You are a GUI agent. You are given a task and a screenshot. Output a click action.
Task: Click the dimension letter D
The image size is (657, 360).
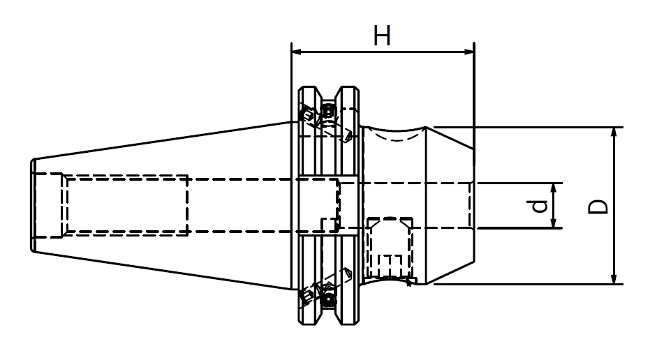[x=598, y=207]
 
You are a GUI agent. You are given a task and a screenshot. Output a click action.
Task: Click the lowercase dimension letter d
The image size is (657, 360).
[x=538, y=206]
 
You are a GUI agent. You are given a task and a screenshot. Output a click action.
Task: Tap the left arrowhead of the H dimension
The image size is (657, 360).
[x=297, y=52]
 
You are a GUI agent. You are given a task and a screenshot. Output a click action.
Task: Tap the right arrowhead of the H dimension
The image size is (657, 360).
[x=469, y=52]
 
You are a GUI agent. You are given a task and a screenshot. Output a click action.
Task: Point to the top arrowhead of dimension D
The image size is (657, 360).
[x=614, y=133]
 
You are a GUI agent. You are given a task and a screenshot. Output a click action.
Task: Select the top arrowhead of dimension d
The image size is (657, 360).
[x=554, y=188]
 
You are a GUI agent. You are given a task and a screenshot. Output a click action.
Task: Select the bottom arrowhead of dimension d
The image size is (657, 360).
[x=554, y=223]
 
